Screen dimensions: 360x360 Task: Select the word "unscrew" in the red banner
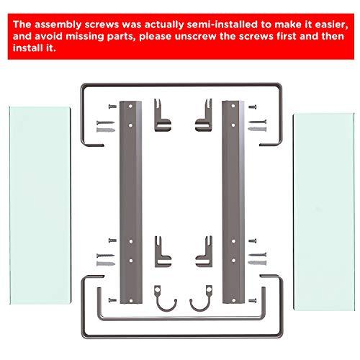(x=195, y=37)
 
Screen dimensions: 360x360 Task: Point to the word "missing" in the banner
(x=85, y=37)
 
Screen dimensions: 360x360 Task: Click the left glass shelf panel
(x=40, y=205)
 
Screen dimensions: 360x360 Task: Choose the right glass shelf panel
(x=324, y=212)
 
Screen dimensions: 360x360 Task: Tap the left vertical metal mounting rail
(x=131, y=202)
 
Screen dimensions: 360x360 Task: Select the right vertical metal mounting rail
(x=233, y=202)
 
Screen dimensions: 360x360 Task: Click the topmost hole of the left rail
(x=130, y=106)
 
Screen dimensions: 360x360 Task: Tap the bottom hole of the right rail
(x=233, y=300)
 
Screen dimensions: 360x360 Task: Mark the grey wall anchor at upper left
(x=106, y=130)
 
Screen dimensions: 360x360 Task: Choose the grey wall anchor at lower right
(x=257, y=263)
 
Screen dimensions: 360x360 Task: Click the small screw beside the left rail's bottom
(x=112, y=300)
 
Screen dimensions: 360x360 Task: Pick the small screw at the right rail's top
(x=252, y=107)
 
